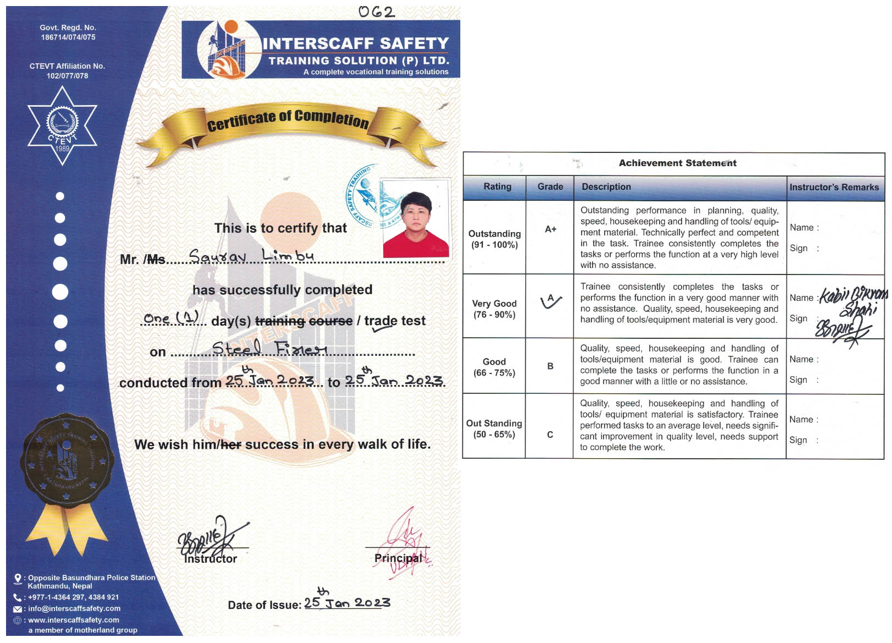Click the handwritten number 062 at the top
click(376, 12)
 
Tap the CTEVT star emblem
click(62, 126)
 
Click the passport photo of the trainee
click(416, 218)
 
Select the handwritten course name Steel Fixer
click(269, 348)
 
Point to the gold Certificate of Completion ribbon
click(289, 124)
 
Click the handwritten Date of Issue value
click(347, 602)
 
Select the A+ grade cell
click(550, 229)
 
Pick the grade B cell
click(550, 366)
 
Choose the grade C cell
click(550, 435)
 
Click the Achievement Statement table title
click(677, 163)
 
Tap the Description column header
click(606, 187)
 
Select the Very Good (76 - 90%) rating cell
click(494, 309)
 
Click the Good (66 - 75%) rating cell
click(494, 367)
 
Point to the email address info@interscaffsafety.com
click(74, 608)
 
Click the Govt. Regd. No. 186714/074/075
click(68, 32)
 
